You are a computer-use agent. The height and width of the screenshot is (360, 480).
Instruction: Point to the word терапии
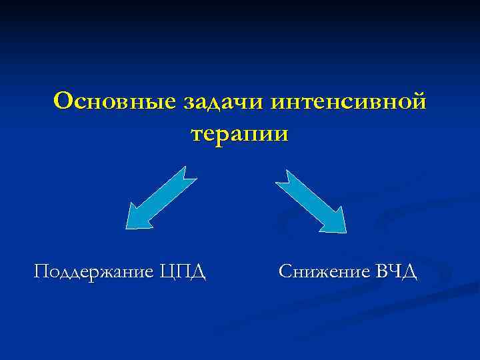click(240, 133)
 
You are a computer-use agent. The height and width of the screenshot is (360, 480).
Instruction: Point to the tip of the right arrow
click(345, 231)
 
